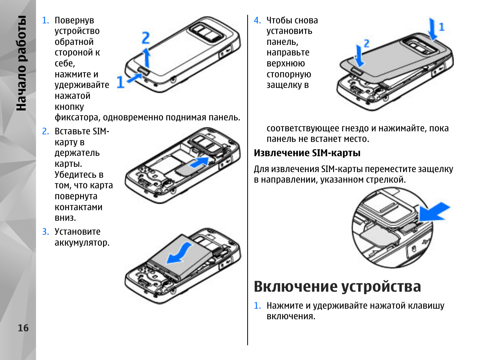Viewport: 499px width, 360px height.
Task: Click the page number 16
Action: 23,328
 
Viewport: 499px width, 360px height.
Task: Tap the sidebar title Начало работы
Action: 22,63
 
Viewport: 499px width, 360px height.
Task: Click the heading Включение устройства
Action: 337,286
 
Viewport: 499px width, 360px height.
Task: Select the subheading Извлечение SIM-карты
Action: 307,153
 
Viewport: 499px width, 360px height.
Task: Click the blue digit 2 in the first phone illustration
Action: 146,38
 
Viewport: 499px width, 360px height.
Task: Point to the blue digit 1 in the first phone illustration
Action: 120,82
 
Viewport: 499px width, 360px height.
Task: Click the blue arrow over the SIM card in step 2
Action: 199,163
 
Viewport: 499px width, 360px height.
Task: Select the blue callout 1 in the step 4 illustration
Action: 442,27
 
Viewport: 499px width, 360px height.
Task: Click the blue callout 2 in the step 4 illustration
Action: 366,43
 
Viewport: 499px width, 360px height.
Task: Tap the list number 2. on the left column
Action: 46,131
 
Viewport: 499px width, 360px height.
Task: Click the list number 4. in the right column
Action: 257,20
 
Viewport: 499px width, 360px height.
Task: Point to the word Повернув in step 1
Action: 74,20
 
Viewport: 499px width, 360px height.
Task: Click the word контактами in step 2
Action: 79,207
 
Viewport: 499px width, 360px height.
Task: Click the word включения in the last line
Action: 290,316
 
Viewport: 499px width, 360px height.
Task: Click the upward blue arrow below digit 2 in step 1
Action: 147,57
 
